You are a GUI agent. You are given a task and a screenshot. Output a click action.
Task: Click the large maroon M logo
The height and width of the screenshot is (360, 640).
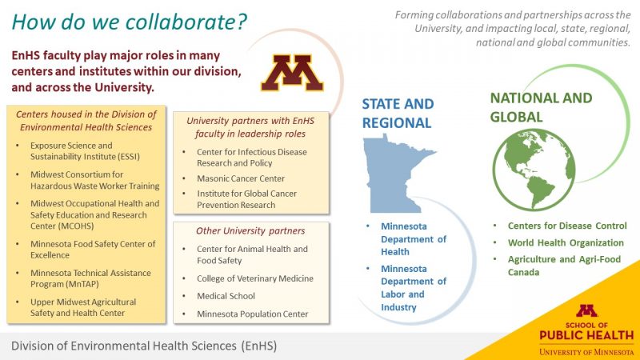click(292, 73)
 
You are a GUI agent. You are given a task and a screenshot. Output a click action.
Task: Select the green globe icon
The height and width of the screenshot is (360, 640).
click(534, 170)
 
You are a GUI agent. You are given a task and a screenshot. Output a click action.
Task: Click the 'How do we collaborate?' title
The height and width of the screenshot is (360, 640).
click(130, 22)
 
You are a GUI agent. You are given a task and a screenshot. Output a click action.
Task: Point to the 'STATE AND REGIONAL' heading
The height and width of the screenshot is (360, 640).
click(398, 113)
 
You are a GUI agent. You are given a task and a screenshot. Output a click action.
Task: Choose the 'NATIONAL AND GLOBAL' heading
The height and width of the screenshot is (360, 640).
click(541, 107)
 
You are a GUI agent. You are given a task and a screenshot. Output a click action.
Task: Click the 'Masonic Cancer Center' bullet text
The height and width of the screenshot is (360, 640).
click(241, 178)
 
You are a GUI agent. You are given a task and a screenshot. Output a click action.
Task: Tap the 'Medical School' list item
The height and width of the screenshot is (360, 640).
click(226, 296)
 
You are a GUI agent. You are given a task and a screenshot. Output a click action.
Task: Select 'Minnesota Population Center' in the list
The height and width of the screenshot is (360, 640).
click(252, 314)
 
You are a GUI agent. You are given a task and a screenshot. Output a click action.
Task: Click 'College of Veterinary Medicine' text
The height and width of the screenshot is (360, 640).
click(255, 278)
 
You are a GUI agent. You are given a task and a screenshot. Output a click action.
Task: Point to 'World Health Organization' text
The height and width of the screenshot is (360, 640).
click(566, 243)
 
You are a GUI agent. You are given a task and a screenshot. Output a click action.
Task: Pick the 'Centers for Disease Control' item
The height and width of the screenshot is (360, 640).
click(567, 226)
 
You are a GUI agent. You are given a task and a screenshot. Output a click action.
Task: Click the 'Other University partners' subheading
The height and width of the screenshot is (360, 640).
click(250, 231)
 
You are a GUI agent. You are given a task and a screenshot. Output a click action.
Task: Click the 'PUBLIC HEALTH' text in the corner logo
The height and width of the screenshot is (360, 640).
click(586, 335)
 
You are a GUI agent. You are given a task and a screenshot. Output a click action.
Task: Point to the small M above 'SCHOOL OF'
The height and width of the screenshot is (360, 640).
click(586, 310)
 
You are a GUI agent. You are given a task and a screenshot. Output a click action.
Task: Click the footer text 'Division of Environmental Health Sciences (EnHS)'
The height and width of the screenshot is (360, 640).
click(144, 346)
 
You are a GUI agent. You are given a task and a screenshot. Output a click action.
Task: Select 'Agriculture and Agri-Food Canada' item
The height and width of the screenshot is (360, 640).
click(564, 266)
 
